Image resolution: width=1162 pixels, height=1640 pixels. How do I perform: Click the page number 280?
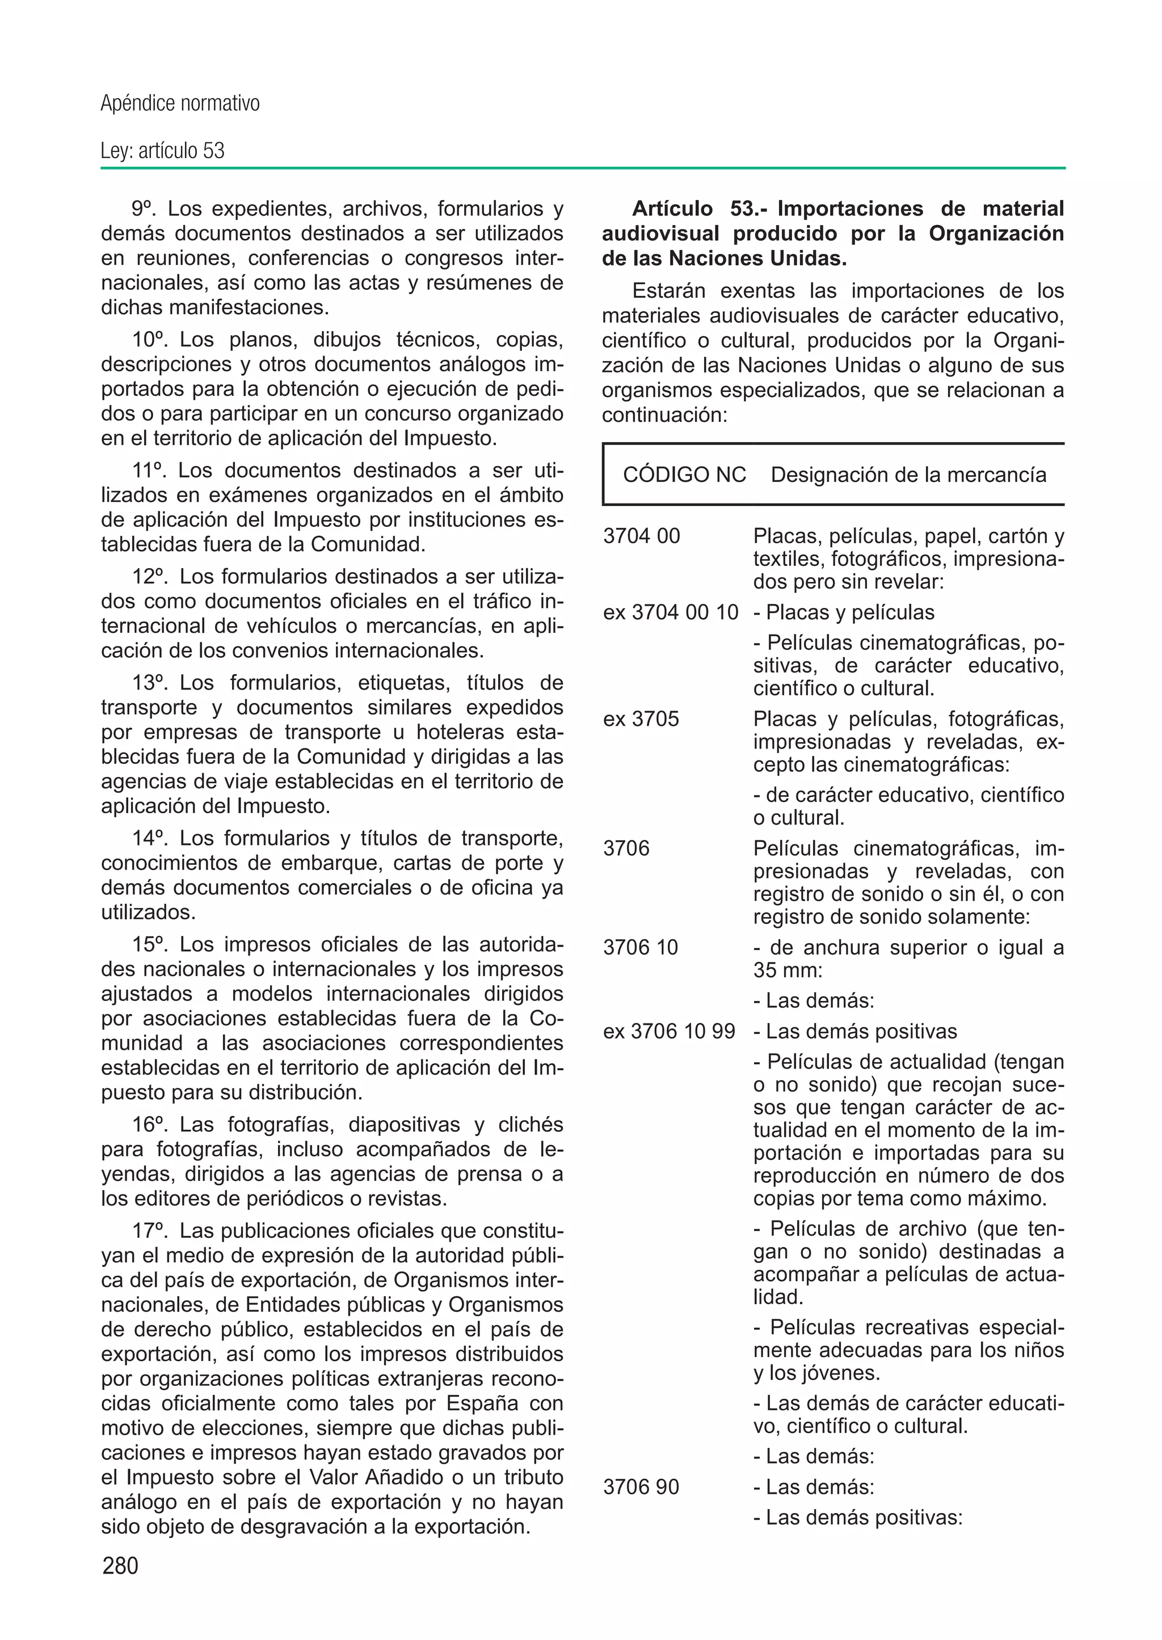[120, 1566]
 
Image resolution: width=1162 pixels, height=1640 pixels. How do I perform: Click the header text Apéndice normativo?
[180, 104]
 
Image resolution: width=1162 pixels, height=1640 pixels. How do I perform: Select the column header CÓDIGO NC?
[684, 475]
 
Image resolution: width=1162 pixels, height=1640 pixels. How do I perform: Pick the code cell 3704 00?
[641, 536]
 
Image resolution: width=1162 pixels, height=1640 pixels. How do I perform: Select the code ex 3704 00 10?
[671, 612]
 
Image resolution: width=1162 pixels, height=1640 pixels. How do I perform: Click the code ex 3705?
[641, 719]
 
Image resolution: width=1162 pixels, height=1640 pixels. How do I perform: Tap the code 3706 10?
[641, 948]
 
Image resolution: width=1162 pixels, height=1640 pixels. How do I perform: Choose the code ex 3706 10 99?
[669, 1032]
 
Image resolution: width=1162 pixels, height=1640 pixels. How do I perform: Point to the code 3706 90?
[641, 1487]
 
